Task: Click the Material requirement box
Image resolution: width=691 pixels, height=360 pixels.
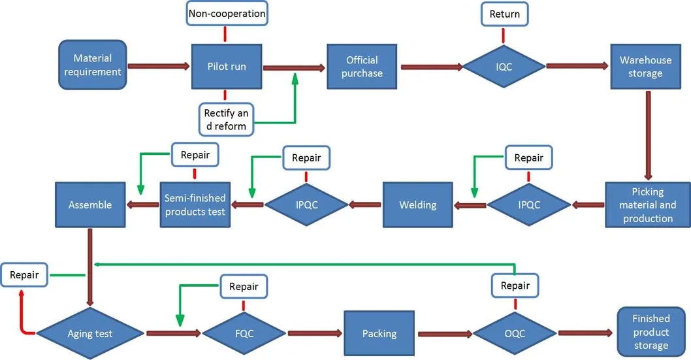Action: click(92, 66)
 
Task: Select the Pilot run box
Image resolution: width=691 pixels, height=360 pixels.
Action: click(227, 67)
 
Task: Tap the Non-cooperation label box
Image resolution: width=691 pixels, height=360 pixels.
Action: click(227, 13)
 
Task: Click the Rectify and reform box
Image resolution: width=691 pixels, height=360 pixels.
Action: click(226, 119)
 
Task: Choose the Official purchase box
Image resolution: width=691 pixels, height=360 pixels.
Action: click(362, 67)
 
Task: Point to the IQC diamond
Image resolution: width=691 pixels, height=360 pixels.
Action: click(504, 67)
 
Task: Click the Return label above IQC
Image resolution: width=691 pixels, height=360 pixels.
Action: click(504, 14)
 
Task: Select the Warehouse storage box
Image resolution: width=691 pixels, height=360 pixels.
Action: click(645, 67)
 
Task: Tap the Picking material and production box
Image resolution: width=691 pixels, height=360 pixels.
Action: click(648, 205)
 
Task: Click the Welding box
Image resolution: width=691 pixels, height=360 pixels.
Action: click(417, 205)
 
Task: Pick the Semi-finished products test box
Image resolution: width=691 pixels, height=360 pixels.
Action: click(195, 205)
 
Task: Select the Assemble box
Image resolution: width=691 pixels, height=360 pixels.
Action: click(90, 205)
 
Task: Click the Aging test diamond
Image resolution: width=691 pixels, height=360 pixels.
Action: click(90, 333)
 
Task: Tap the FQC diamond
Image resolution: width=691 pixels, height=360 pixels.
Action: click(244, 333)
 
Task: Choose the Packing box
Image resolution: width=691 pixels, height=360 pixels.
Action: click(379, 333)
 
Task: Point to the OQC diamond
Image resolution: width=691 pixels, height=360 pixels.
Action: click(515, 333)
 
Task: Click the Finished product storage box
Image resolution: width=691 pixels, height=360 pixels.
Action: click(651, 331)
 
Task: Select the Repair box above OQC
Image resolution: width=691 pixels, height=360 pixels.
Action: click(515, 286)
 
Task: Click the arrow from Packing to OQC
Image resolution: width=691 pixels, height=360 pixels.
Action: click(444, 334)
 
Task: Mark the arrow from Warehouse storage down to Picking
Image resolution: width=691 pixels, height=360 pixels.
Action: click(648, 135)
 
